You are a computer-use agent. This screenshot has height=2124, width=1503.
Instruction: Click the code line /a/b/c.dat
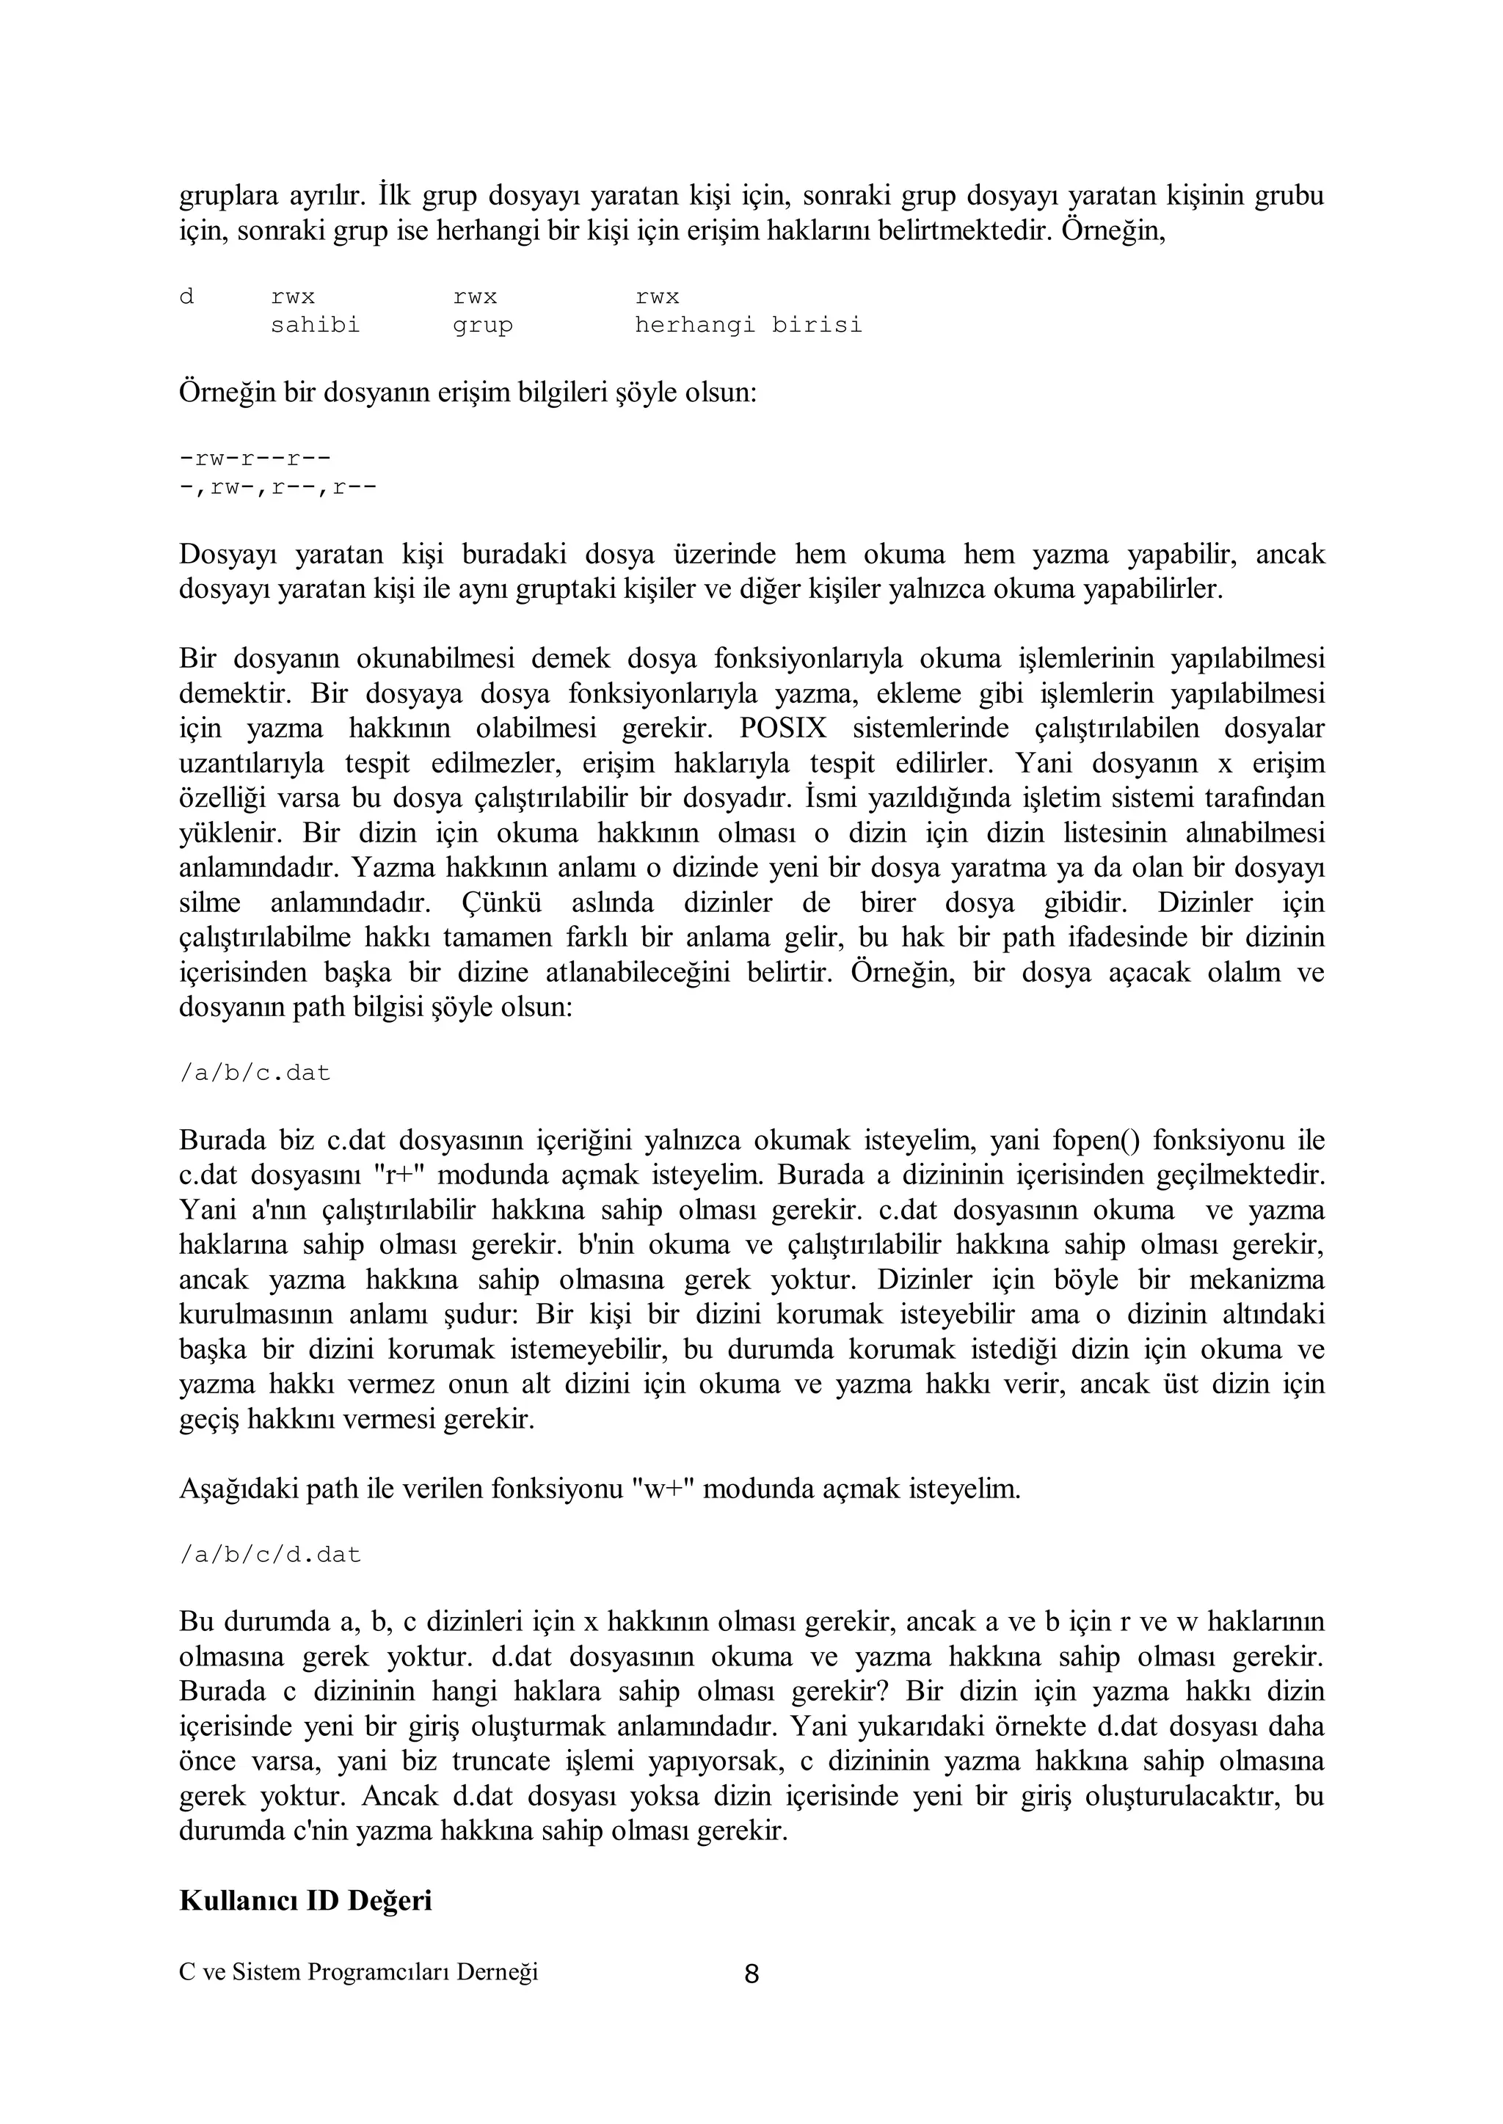255,1073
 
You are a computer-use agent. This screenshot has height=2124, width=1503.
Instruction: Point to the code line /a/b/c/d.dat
269,1555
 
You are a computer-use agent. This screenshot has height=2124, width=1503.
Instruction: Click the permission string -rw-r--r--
255,459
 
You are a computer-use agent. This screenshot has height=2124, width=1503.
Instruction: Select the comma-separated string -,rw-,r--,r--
277,487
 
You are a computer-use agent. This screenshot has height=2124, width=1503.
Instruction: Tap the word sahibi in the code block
315,326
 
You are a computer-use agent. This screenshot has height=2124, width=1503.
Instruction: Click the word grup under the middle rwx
482,326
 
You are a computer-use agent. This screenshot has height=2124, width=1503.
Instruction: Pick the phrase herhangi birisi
748,326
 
